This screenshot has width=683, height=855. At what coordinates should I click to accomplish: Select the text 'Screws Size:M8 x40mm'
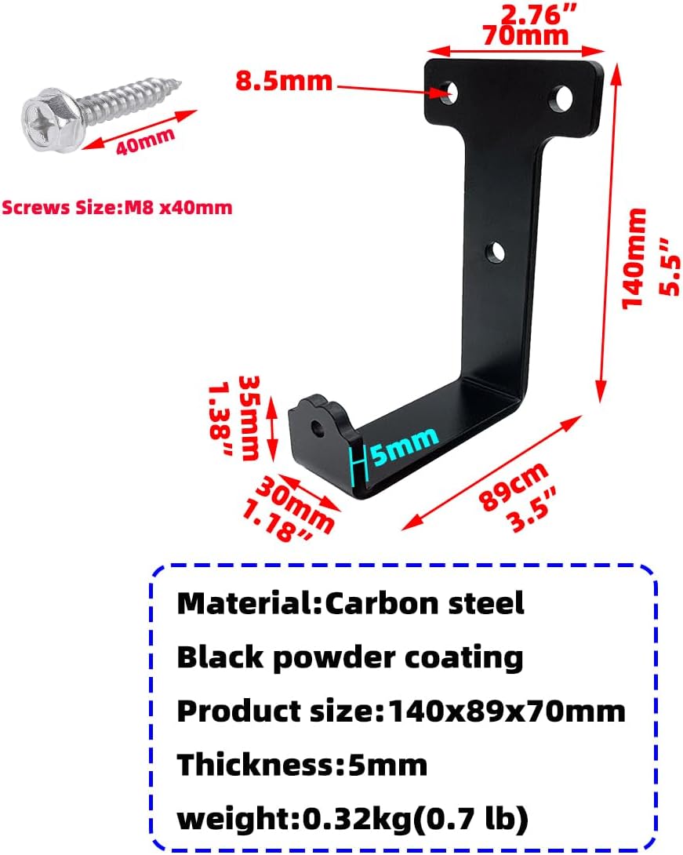[117, 208]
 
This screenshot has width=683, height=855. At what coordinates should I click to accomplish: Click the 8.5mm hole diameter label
[283, 80]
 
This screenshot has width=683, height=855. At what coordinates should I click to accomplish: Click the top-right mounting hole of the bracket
[561, 98]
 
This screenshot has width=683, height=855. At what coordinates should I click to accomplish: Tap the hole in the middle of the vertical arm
[495, 253]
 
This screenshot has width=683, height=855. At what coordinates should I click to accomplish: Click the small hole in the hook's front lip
[317, 428]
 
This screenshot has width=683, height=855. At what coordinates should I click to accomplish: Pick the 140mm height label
[634, 258]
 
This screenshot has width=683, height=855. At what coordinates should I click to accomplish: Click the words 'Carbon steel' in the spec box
[424, 603]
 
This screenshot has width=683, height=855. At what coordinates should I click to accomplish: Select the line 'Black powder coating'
[350, 657]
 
